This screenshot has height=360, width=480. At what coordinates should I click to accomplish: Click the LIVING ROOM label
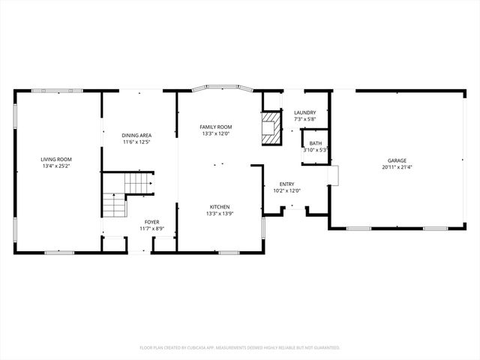56,159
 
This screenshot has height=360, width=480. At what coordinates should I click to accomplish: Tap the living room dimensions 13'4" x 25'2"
56,166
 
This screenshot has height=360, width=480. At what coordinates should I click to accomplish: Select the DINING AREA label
137,135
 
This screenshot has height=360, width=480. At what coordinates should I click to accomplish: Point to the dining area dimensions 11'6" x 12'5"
137,142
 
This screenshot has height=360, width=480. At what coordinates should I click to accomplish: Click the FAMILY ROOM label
216,127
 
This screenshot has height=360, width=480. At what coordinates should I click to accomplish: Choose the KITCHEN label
219,207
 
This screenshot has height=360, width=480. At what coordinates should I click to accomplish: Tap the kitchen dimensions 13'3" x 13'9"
219,214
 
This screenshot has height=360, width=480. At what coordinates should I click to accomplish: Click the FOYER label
151,223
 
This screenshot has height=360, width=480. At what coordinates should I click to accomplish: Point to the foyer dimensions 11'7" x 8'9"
151,229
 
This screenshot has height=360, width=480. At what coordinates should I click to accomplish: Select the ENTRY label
286,184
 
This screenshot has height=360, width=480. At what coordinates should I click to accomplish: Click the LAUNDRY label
304,112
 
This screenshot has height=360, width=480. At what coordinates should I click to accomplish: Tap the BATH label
315,142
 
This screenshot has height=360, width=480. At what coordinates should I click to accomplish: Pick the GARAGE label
397,160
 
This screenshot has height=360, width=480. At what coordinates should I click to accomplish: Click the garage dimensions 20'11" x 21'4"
397,167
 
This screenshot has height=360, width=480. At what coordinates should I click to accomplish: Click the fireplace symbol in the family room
268,128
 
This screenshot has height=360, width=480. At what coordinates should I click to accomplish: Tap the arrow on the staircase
150,182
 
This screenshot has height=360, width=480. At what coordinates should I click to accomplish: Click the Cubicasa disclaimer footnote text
240,347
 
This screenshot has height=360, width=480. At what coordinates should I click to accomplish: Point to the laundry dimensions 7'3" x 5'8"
304,119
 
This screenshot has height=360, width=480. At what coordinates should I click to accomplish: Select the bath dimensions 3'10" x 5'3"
315,149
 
